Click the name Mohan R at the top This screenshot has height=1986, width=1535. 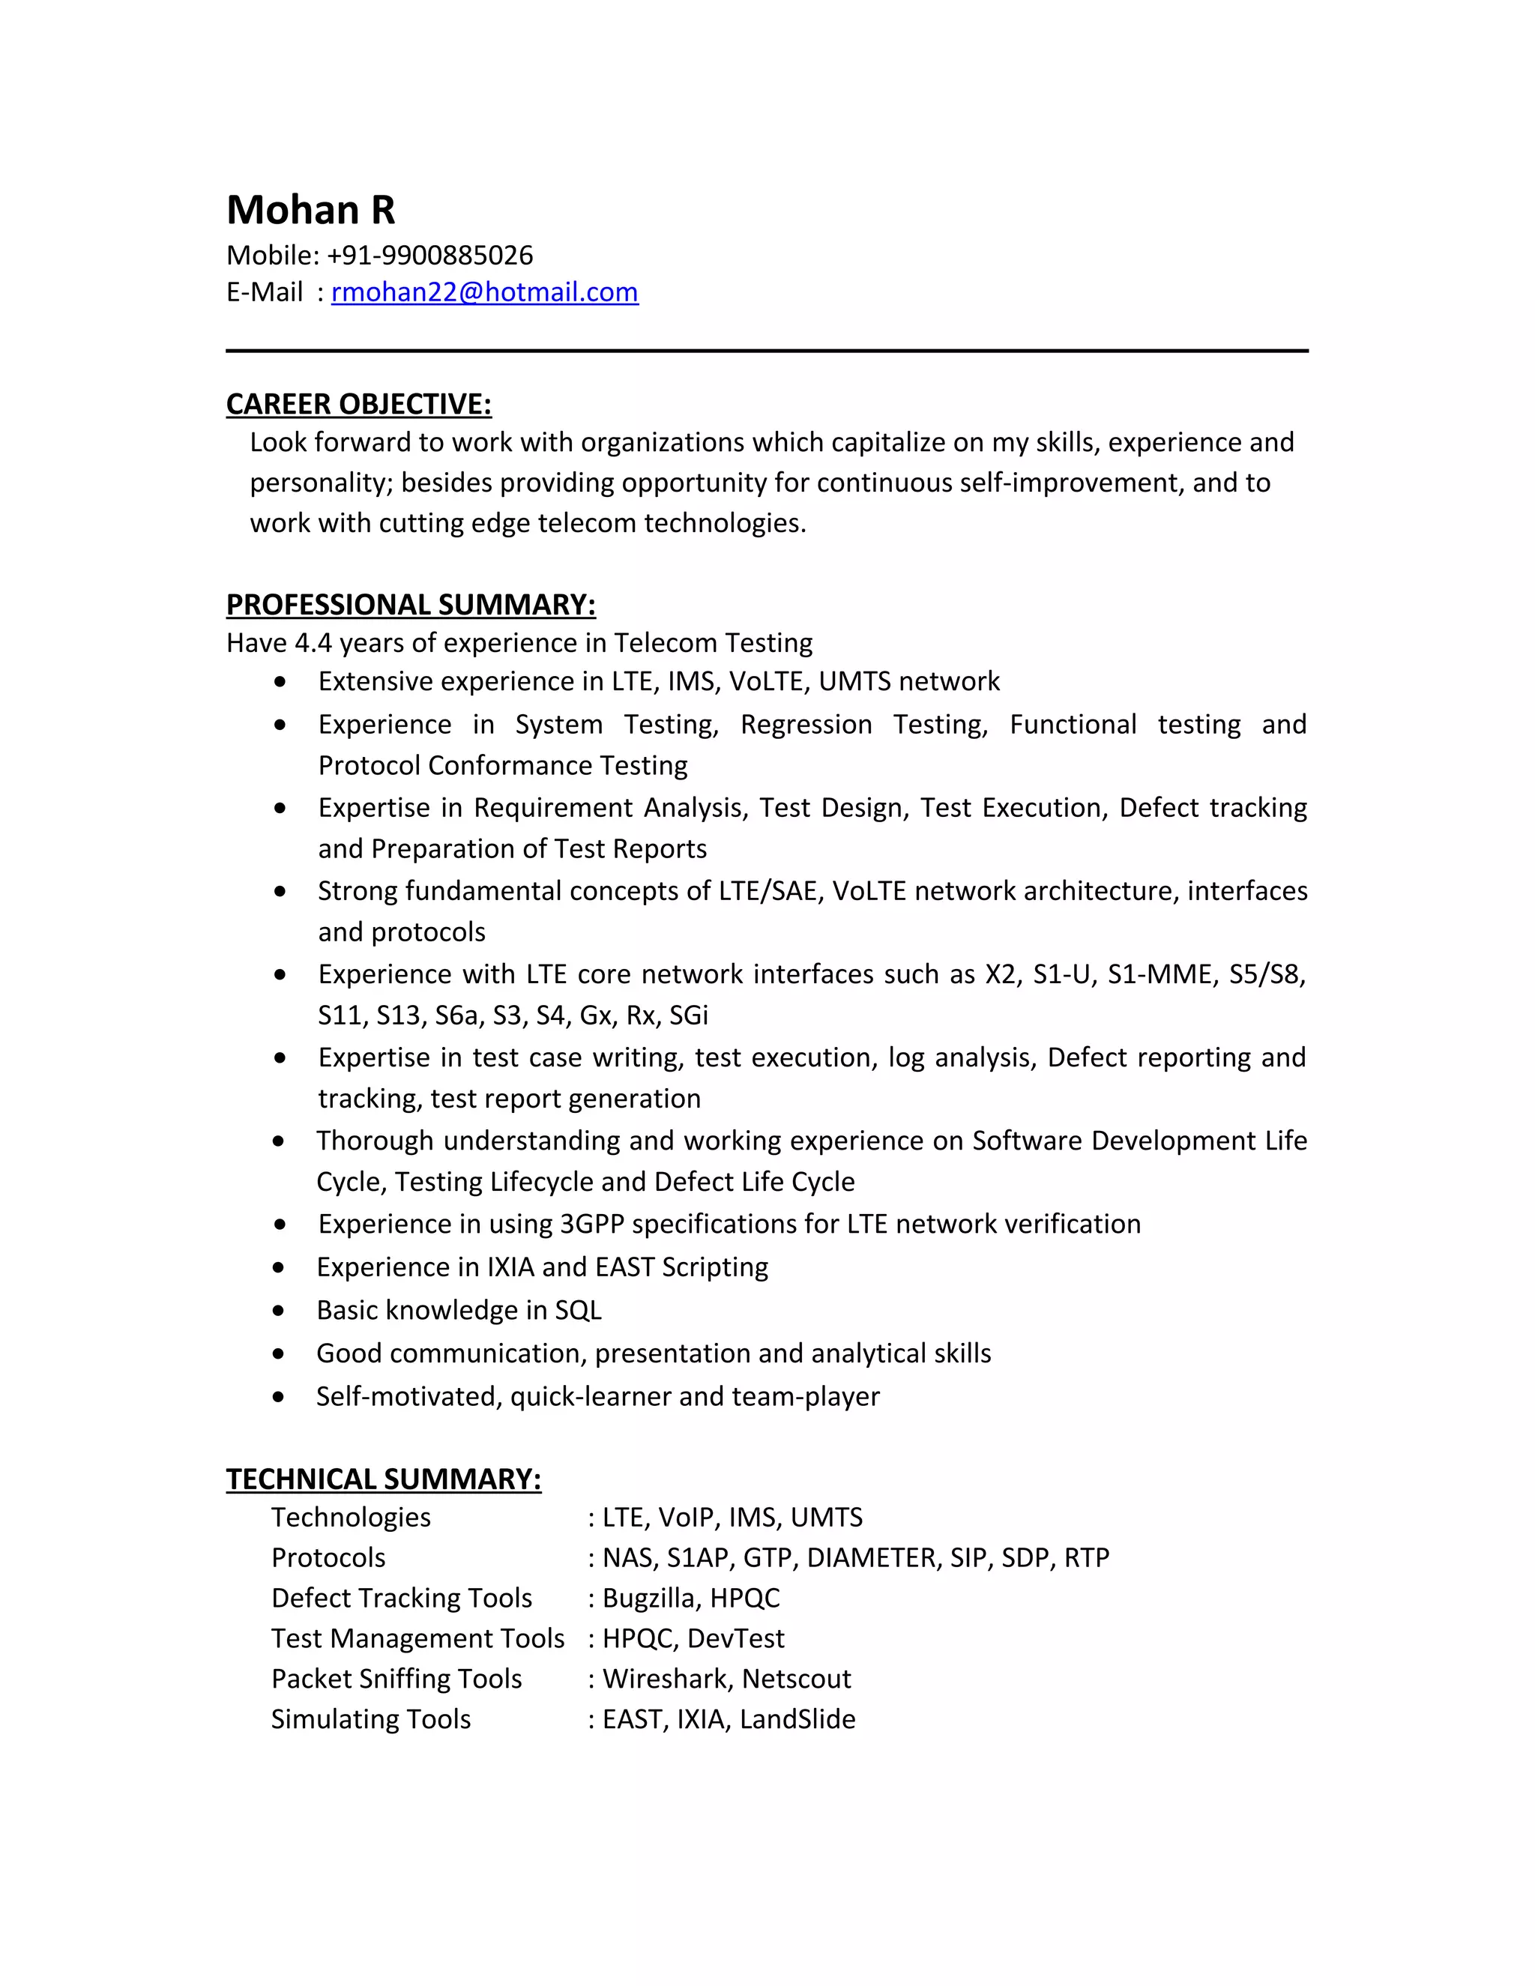(x=310, y=210)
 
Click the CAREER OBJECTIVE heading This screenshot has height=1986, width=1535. (x=358, y=404)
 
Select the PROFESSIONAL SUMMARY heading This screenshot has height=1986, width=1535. (x=410, y=605)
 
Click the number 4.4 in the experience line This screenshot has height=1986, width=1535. (x=313, y=643)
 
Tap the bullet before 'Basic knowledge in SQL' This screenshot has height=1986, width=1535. (x=279, y=1310)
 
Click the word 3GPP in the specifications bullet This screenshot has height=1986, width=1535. (x=592, y=1224)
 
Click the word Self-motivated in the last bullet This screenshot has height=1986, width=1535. (x=408, y=1397)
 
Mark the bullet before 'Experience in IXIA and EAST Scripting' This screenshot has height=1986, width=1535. (x=279, y=1267)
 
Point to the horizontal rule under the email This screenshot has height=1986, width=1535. (x=767, y=351)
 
